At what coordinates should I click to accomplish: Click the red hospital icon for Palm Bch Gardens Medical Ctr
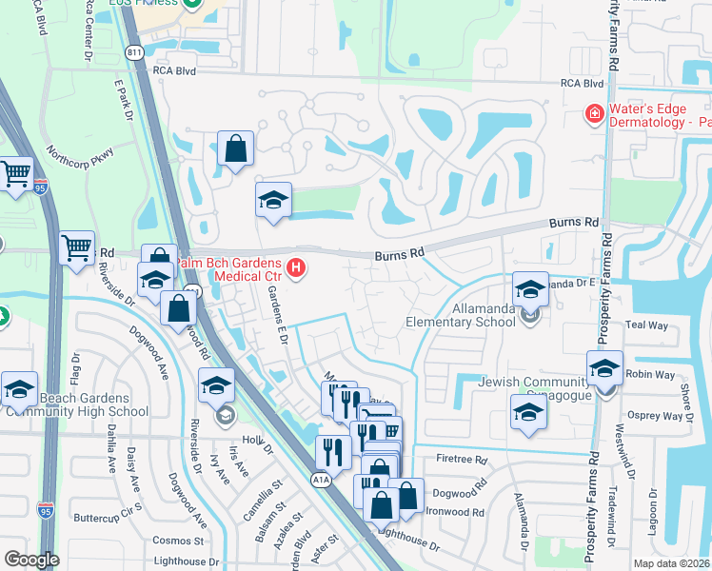coord(296,269)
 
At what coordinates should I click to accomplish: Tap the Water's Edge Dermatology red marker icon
coord(594,114)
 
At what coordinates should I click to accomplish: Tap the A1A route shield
coord(321,482)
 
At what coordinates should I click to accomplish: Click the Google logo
coord(31,559)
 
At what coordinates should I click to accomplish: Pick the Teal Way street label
coord(647,325)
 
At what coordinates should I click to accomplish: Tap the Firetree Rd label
coord(462,460)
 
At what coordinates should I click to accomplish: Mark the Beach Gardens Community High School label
coord(79,404)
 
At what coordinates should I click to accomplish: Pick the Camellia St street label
coord(250,501)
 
